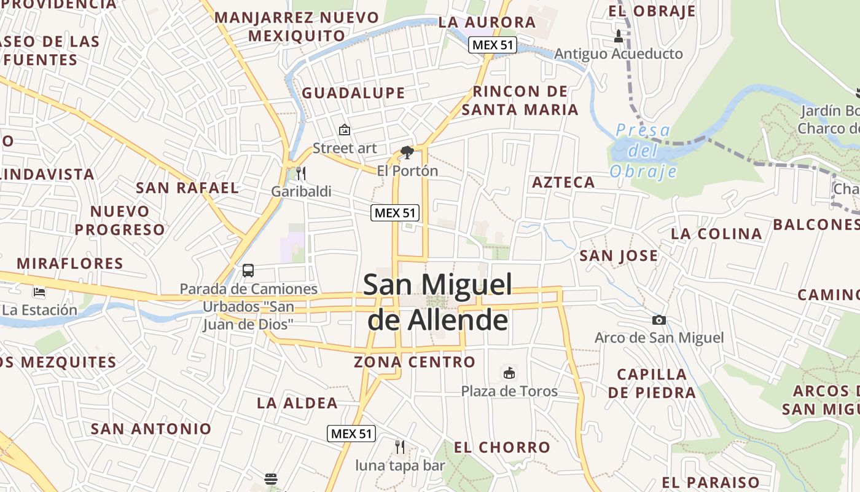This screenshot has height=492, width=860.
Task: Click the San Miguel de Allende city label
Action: pyautogui.click(x=438, y=302)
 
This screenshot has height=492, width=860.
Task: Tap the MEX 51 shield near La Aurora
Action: pyautogui.click(x=492, y=45)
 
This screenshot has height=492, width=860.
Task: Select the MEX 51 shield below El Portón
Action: pyautogui.click(x=395, y=213)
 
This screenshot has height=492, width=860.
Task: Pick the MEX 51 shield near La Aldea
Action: pyautogui.click(x=351, y=434)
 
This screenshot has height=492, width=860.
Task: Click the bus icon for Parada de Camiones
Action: pyautogui.click(x=248, y=270)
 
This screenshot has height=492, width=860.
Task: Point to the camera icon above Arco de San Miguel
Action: pyautogui.click(x=659, y=320)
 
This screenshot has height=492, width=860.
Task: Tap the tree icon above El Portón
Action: pyautogui.click(x=407, y=152)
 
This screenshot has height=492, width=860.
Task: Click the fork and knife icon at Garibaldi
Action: pyautogui.click(x=300, y=173)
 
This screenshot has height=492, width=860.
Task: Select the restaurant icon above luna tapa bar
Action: pyautogui.click(x=399, y=446)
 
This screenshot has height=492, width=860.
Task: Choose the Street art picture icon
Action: pyautogui.click(x=345, y=130)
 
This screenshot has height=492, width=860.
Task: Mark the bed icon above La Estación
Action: pyautogui.click(x=40, y=292)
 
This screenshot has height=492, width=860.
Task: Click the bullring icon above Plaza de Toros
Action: pyautogui.click(x=509, y=373)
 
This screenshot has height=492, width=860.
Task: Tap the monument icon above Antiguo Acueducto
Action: pyautogui.click(x=619, y=36)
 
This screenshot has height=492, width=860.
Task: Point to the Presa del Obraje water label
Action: pyautogui.click(x=643, y=151)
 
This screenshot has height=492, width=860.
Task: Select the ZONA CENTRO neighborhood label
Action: pyautogui.click(x=415, y=362)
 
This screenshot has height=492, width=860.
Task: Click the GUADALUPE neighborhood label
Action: pyautogui.click(x=353, y=93)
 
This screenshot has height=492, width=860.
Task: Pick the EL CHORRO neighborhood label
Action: pyautogui.click(x=502, y=448)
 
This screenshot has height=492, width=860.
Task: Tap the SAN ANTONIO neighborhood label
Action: pyautogui.click(x=151, y=429)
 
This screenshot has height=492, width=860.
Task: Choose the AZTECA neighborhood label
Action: pyautogui.click(x=563, y=182)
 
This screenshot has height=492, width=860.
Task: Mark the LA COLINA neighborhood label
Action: pyautogui.click(x=716, y=234)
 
